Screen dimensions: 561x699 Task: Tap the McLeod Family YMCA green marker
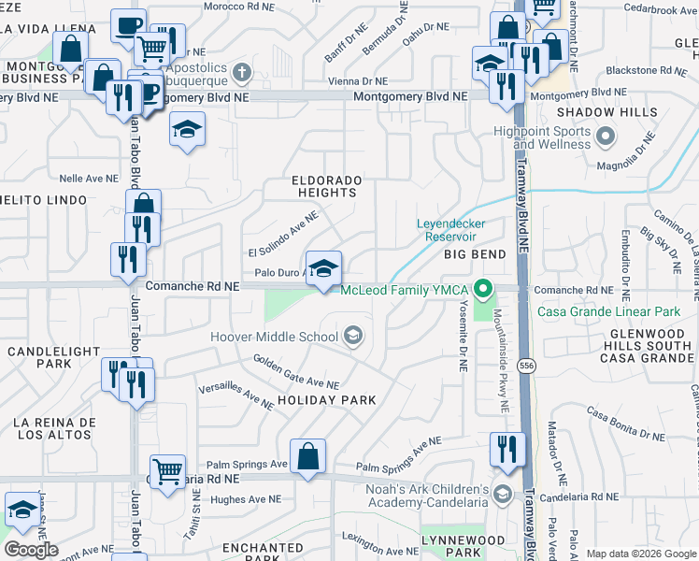[x=483, y=289]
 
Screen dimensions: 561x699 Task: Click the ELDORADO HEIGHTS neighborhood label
[x=324, y=185]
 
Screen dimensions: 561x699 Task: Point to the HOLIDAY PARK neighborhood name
[x=326, y=400]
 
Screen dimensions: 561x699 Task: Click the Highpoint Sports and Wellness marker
[x=606, y=137]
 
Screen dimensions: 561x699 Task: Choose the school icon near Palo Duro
[x=323, y=268]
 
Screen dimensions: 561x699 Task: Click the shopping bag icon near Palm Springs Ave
[x=307, y=456]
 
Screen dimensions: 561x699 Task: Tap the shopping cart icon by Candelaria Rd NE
[x=167, y=471]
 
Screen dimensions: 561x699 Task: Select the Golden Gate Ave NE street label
[x=294, y=371]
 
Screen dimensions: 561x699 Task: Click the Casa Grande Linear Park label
[x=614, y=311]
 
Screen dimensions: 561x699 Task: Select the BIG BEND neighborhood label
[x=475, y=254]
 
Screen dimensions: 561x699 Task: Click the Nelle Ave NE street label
[x=89, y=178]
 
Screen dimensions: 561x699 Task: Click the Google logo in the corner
[x=31, y=550]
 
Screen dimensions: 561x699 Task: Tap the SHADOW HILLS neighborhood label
[x=606, y=112]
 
